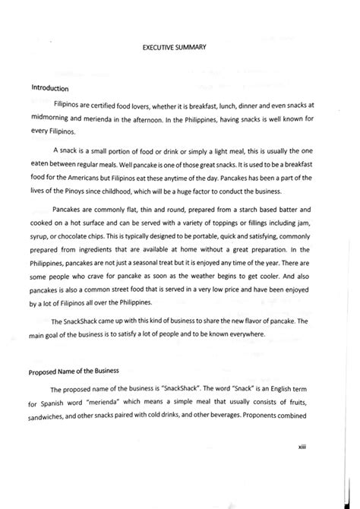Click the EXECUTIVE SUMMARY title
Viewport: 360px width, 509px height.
(x=180, y=47)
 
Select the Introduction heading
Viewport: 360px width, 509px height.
(x=52, y=87)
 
